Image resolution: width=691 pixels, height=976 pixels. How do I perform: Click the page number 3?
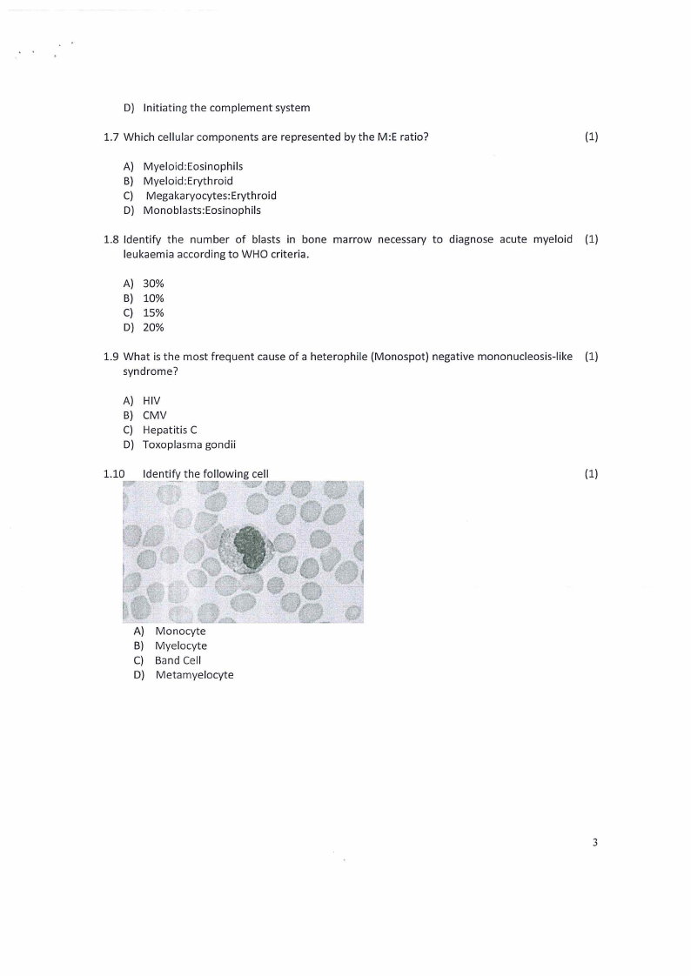click(594, 842)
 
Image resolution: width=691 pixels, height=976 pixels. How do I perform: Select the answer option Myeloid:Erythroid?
click(187, 181)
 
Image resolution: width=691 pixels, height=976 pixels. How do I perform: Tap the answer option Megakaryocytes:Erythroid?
click(211, 196)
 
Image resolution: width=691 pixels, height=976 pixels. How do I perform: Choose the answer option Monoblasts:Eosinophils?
click(201, 210)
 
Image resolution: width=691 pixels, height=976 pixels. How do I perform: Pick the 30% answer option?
click(153, 284)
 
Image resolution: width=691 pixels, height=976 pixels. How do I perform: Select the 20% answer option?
click(153, 327)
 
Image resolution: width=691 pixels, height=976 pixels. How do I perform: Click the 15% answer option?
click(153, 312)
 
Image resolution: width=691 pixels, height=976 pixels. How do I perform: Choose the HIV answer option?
click(151, 401)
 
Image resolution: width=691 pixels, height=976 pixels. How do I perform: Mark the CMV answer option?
click(154, 415)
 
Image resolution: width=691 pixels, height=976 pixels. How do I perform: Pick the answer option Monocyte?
click(180, 631)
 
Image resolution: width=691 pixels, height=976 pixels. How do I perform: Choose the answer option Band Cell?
click(178, 660)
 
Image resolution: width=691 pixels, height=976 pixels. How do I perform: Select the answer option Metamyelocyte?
click(194, 675)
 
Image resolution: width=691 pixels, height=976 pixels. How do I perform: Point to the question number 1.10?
click(114, 474)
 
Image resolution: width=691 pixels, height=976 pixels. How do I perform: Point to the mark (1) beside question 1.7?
click(592, 137)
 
